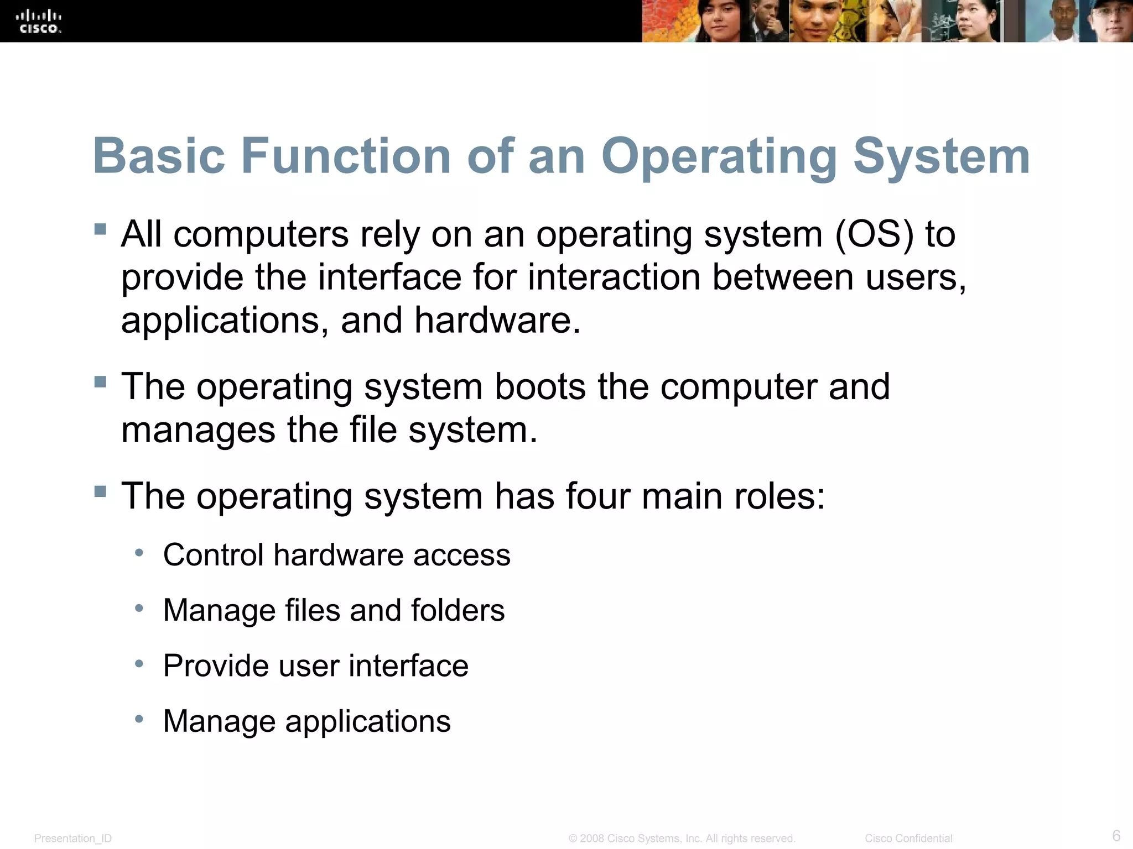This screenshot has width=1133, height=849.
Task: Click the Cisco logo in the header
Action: [39, 22]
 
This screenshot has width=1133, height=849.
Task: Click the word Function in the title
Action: [346, 156]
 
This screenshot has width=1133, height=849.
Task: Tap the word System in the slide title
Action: [941, 157]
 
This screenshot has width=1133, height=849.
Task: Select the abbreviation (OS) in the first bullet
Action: [874, 234]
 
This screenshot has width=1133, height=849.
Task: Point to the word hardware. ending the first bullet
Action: [497, 321]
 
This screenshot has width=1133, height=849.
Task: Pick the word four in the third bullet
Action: [597, 496]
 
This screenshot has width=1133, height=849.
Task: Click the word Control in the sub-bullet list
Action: [213, 555]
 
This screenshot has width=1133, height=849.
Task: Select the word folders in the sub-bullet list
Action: [458, 610]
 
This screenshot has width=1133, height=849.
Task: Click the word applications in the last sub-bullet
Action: [368, 721]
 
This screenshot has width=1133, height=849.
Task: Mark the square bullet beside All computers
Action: [100, 229]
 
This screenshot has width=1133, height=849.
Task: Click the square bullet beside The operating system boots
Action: [100, 381]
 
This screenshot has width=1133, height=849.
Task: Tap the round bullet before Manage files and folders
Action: [139, 609]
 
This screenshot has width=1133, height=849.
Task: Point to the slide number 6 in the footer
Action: [1116, 835]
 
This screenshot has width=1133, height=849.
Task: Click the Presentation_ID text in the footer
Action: [73, 838]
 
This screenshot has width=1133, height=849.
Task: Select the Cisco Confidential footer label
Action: [908, 838]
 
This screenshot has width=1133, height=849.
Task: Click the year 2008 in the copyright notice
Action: [592, 838]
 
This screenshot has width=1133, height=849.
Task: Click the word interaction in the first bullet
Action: [614, 277]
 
